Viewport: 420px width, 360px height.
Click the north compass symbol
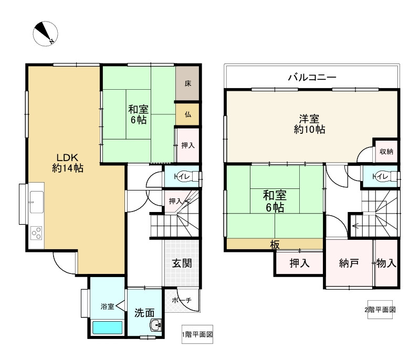(x=45, y=34)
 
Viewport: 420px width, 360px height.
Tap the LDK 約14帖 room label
(x=68, y=163)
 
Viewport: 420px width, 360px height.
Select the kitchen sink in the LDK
(x=36, y=202)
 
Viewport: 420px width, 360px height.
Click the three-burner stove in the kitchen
(x=37, y=233)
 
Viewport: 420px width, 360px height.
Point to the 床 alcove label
(x=188, y=83)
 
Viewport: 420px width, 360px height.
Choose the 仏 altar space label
(x=188, y=114)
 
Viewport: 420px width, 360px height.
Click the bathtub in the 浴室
(x=108, y=327)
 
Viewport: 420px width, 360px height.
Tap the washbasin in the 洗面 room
(x=156, y=325)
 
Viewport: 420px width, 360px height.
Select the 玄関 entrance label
(x=182, y=263)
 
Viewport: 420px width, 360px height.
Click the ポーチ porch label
(x=182, y=300)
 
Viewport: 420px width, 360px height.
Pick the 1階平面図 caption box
(x=197, y=334)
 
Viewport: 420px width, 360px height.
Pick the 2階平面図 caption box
(x=380, y=310)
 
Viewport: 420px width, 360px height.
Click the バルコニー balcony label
(x=312, y=77)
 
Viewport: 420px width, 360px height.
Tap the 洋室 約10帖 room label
(x=309, y=124)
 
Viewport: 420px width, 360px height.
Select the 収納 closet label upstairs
(x=386, y=152)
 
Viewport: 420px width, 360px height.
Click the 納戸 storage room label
(x=349, y=263)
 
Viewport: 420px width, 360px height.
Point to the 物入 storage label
(x=386, y=263)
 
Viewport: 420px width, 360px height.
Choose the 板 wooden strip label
(x=275, y=245)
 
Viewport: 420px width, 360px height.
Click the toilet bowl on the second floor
(x=391, y=177)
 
